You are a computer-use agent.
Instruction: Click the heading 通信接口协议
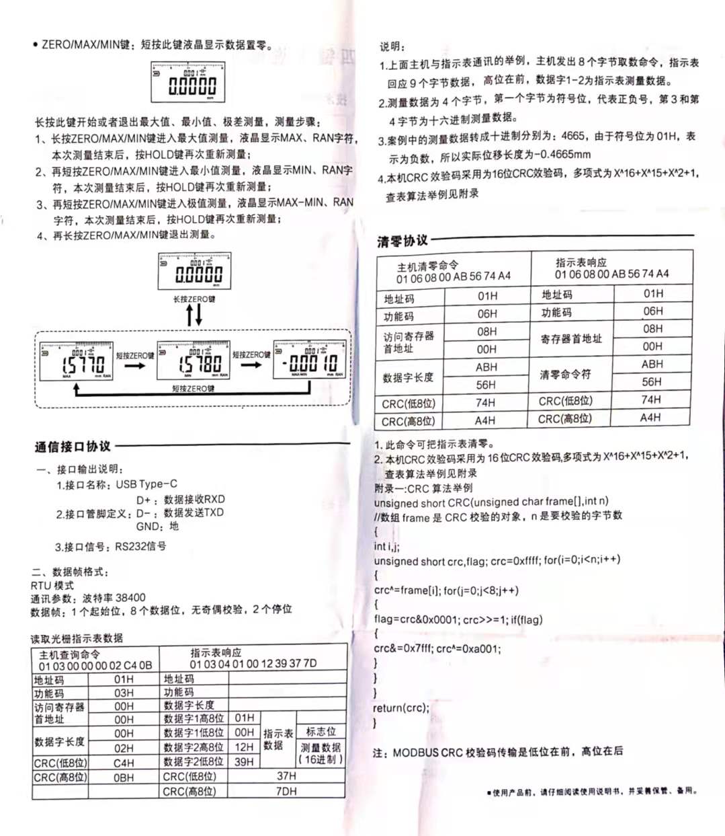[x=73, y=447]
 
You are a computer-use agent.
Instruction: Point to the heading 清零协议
[x=402, y=241]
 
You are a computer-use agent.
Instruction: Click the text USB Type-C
[x=146, y=484]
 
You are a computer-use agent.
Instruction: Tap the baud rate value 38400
[x=130, y=597]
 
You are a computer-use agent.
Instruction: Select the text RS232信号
[x=140, y=546]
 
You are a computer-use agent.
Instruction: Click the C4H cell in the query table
[x=124, y=763]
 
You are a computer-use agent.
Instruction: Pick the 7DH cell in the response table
[x=286, y=791]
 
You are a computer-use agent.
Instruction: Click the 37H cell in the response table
[x=286, y=775]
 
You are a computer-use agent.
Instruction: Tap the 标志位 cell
[x=321, y=731]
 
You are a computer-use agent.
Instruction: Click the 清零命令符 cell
[x=565, y=374]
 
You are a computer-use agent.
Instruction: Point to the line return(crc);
[x=400, y=708]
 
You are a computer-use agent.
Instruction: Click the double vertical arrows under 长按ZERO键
[x=194, y=314]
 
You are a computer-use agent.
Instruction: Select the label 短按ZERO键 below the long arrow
[x=193, y=389]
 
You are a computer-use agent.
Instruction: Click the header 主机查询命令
[x=69, y=654]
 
